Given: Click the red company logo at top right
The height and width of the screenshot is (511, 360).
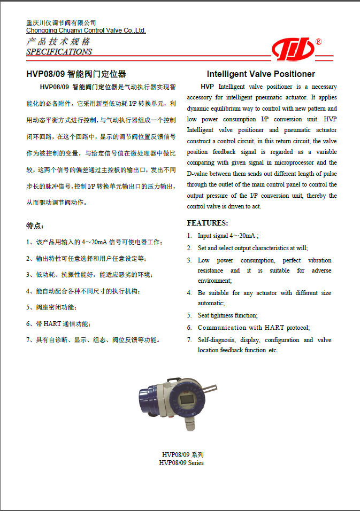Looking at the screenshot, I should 293,50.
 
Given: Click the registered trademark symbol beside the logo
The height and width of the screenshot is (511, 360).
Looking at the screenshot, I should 319,42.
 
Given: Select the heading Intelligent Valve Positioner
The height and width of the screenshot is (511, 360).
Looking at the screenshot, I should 261,74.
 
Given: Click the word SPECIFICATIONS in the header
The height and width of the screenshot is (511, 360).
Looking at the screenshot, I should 59,52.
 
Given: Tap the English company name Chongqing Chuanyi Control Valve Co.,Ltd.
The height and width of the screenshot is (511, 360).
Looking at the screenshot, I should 86,30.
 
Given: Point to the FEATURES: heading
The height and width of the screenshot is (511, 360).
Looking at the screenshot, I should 208,223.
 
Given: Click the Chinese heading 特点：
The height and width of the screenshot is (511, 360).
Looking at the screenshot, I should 36,226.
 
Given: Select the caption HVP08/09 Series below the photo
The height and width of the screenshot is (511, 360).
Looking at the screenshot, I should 181,463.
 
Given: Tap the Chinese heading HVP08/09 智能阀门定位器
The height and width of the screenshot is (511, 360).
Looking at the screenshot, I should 76,74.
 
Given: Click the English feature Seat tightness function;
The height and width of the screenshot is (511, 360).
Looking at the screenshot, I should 227,315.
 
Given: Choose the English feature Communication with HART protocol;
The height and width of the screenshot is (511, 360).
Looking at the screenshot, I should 254,328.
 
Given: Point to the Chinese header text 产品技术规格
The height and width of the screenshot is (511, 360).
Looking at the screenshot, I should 58,42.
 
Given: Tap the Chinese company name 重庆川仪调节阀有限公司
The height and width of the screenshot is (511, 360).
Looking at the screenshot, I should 62,23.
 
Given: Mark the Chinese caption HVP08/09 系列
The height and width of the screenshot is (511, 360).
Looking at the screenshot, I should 181,455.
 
